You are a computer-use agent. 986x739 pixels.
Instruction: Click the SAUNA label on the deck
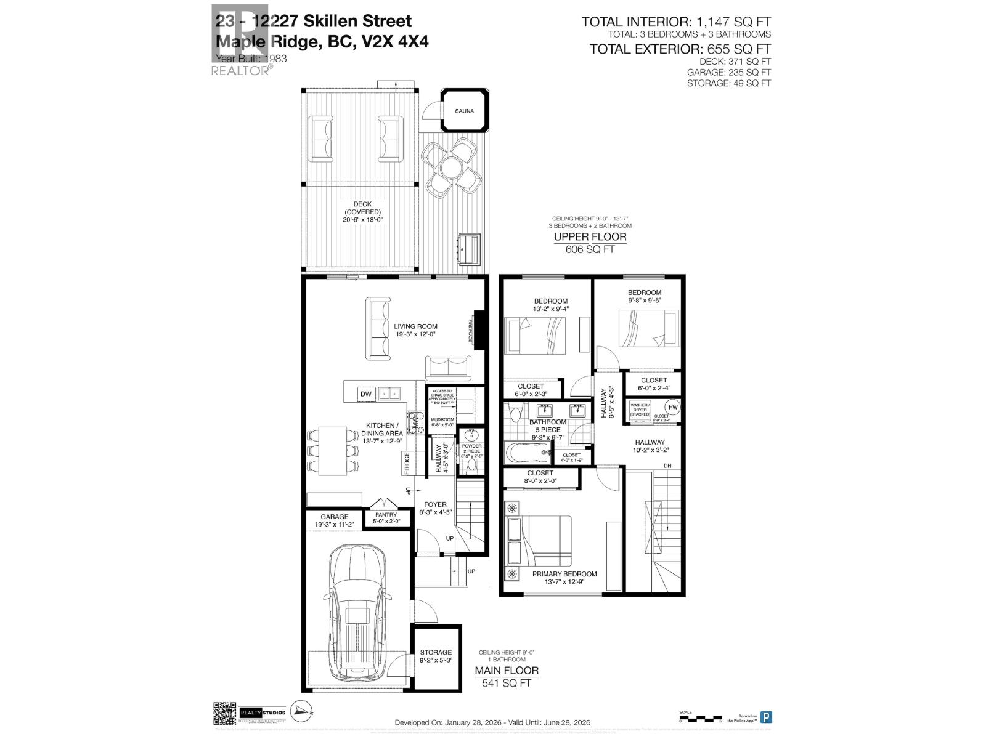[465, 111]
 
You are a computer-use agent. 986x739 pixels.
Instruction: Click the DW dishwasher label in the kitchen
[366, 394]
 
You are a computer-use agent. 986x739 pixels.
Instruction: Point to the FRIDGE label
[407, 463]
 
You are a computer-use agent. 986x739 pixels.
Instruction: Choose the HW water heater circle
[672, 408]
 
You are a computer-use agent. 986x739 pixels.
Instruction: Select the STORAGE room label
[436, 652]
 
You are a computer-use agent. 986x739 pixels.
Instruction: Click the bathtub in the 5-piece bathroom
[529, 454]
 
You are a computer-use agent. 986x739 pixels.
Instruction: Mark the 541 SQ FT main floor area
[506, 683]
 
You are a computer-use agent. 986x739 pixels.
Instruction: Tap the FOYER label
[435, 504]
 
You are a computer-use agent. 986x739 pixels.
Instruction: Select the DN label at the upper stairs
[667, 466]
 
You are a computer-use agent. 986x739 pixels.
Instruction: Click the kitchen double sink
[389, 393]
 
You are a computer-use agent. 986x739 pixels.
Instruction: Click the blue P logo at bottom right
[766, 717]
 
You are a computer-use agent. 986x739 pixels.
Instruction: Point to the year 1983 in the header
[275, 59]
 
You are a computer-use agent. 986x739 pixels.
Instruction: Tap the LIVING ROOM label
[416, 326]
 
